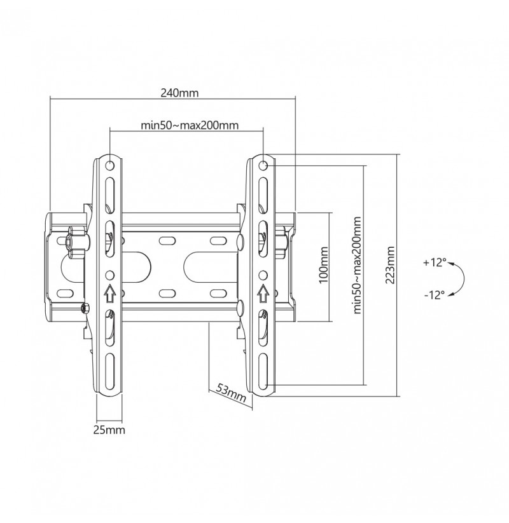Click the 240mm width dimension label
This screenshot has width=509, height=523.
click(179, 93)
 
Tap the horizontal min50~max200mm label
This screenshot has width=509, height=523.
click(190, 125)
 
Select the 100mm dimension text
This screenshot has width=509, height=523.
click(323, 265)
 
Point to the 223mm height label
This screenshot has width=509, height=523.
click(390, 265)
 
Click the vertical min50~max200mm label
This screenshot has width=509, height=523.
click(357, 265)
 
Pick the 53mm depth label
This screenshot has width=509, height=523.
click(231, 392)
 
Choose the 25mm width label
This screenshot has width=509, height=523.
click(109, 430)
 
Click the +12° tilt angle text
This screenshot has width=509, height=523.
click(435, 262)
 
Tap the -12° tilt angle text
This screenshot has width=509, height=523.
click(435, 295)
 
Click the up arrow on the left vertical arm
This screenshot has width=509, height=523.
click(110, 294)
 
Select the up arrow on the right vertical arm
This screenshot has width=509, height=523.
click(263, 294)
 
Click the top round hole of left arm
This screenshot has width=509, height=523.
click(109, 165)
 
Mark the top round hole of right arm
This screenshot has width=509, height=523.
click(263, 165)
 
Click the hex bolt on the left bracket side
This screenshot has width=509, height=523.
click(78, 243)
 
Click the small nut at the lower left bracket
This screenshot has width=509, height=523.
click(85, 308)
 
